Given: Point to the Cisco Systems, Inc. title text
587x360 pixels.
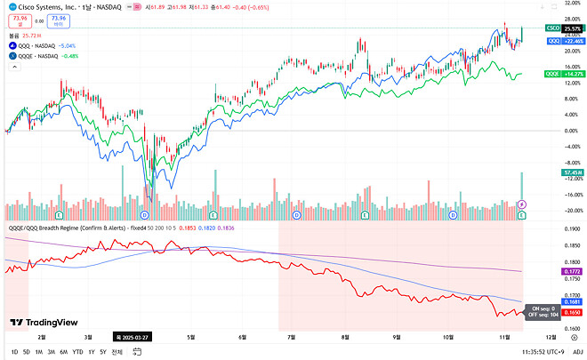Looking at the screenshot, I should pyautogui.click(x=49, y=7).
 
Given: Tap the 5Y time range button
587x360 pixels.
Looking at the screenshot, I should pyautogui.click(x=103, y=352).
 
